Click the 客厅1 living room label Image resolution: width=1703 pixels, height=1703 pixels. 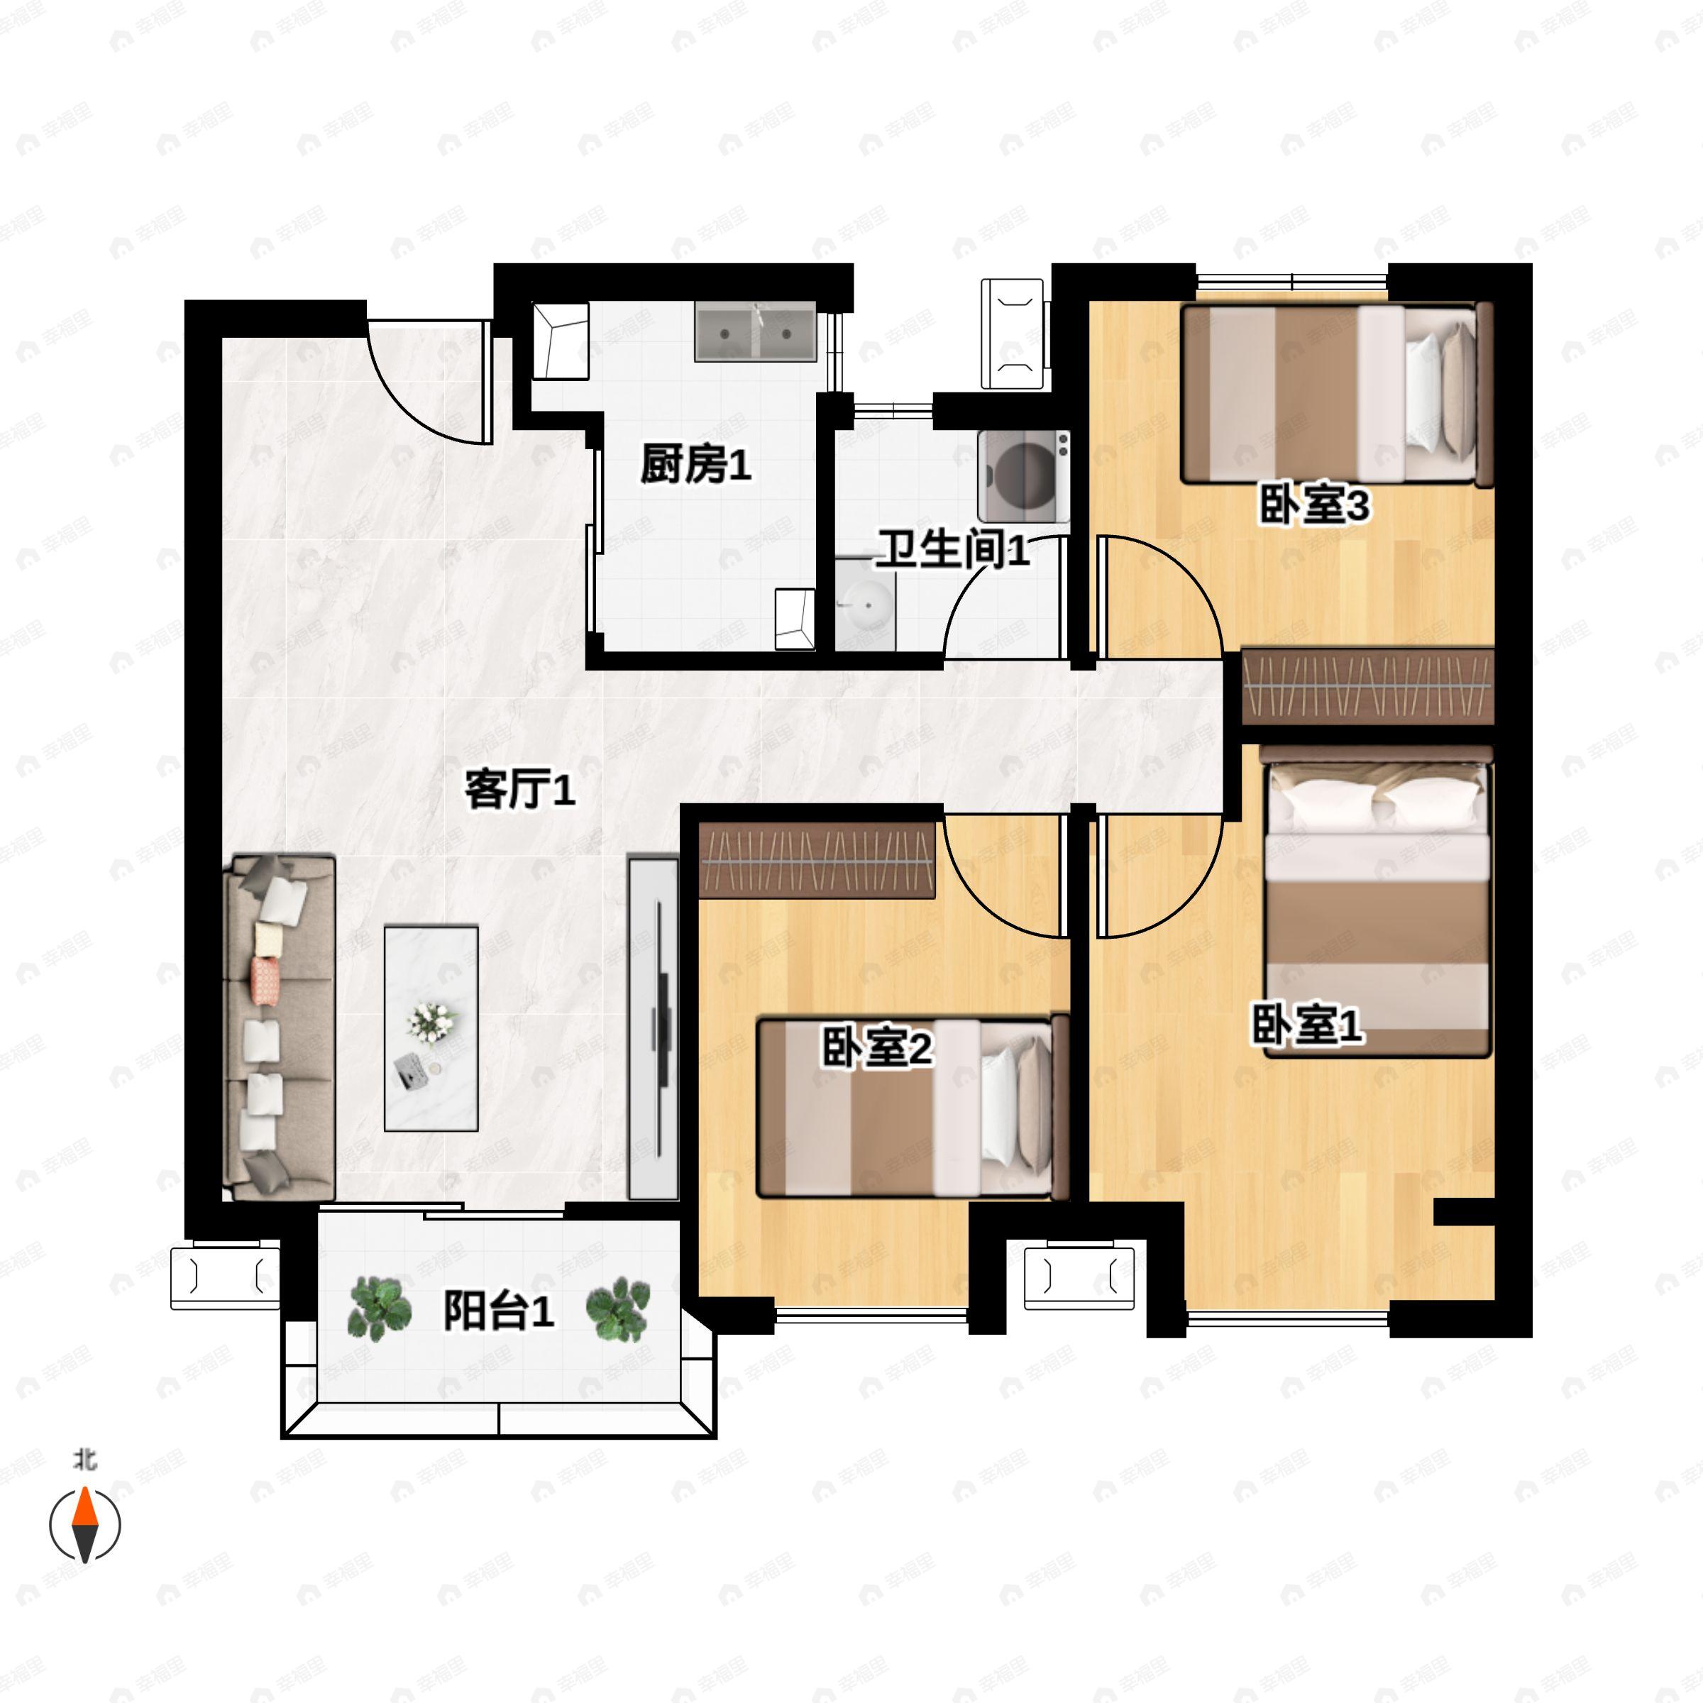coord(520,790)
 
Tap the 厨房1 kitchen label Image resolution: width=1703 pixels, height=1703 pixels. coord(695,463)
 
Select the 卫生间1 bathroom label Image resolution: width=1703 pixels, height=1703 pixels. coord(952,551)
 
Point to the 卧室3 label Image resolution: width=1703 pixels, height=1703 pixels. coord(1313,506)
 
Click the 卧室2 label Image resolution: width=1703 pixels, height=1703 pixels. coord(877,1048)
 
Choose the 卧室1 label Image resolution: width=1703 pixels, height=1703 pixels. coord(1308,1026)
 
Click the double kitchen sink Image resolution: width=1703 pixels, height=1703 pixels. coord(756,331)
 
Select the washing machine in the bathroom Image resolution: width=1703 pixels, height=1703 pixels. coord(1023,476)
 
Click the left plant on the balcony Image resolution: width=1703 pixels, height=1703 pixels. coord(380,1310)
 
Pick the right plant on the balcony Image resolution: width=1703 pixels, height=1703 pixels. coord(619,1310)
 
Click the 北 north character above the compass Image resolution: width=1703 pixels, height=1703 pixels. coord(84,1460)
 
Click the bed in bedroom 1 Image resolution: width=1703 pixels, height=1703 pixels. coord(1377,908)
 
